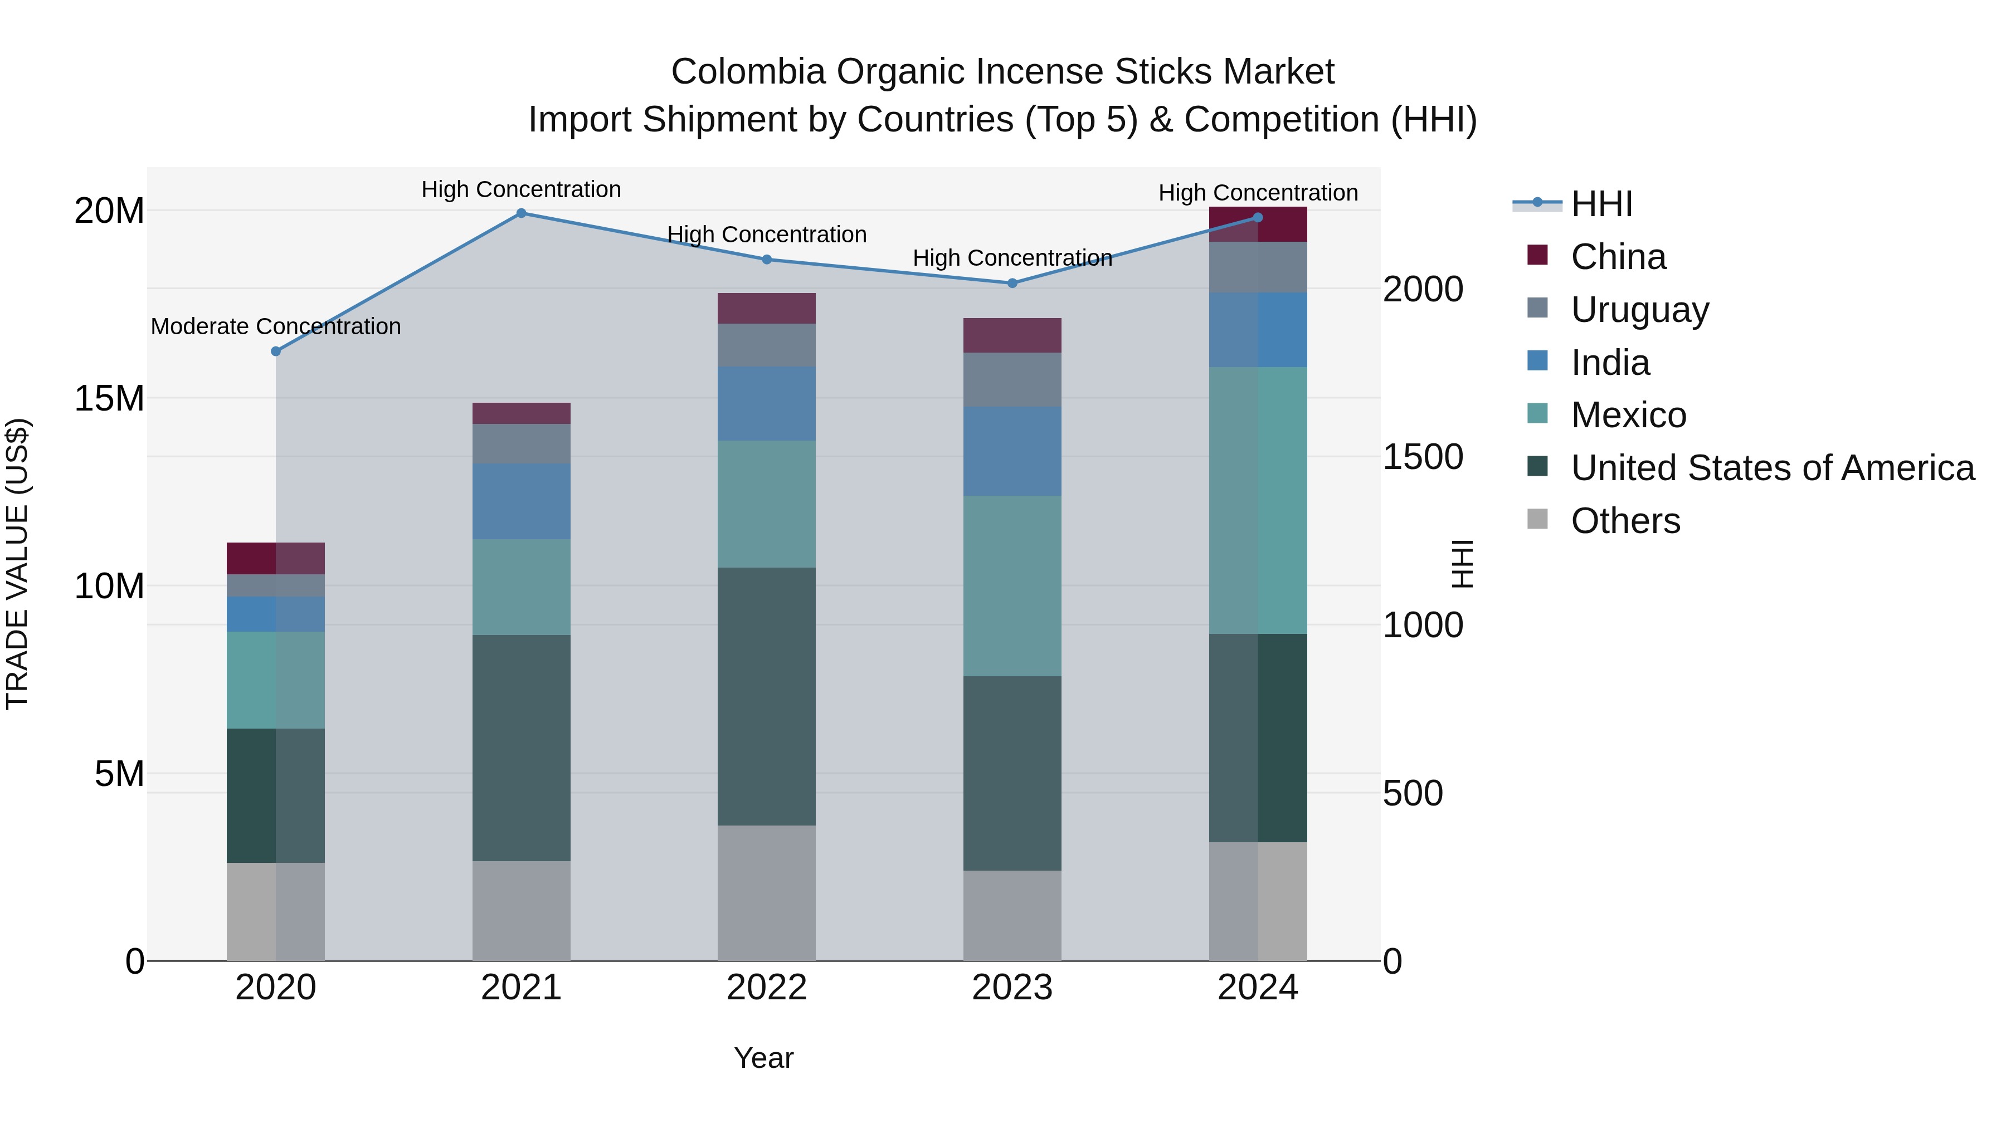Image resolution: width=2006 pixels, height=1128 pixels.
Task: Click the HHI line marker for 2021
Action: point(521,213)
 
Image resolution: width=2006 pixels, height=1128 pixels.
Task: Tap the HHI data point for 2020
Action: point(276,351)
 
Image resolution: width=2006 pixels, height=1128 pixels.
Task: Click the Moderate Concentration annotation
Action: point(276,326)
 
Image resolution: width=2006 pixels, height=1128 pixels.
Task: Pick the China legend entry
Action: point(1618,257)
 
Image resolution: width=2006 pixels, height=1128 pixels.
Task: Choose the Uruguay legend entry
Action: point(1639,310)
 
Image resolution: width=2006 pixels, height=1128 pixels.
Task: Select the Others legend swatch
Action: point(1537,519)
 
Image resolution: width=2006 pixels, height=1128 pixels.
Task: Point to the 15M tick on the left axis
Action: point(109,399)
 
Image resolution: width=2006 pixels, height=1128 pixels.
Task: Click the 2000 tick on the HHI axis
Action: point(1423,290)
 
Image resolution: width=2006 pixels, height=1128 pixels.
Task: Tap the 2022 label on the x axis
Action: point(766,988)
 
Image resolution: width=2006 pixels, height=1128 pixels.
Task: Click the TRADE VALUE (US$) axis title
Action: point(17,564)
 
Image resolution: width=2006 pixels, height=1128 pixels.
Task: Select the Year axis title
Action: point(763,1058)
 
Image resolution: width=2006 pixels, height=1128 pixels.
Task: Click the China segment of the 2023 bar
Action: point(1012,335)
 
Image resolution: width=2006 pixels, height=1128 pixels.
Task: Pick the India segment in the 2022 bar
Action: point(766,404)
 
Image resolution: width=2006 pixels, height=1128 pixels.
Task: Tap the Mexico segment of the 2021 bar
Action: point(521,587)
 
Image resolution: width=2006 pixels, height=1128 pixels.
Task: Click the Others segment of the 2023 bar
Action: point(1012,915)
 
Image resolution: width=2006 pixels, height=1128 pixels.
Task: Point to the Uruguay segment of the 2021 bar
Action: point(521,444)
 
